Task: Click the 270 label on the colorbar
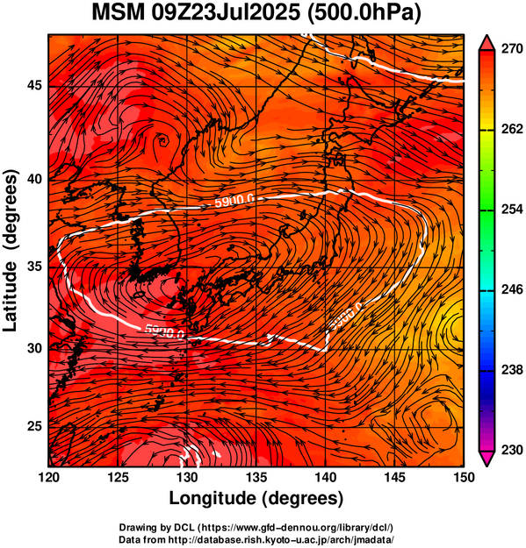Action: click(x=512, y=49)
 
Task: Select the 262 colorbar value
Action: click(x=512, y=129)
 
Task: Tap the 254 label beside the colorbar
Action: click(x=512, y=210)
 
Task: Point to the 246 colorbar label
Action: click(x=512, y=289)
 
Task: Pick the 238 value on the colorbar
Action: click(x=512, y=369)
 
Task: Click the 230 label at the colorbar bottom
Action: click(x=512, y=450)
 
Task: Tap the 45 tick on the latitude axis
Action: click(x=35, y=85)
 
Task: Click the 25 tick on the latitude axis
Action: click(x=35, y=427)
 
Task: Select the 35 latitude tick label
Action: click(x=35, y=267)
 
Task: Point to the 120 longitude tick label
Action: click(x=49, y=477)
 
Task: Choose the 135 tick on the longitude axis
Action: click(x=257, y=477)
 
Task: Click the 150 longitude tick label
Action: click(x=464, y=477)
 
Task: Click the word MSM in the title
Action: click(x=119, y=13)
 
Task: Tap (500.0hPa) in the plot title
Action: click(x=364, y=14)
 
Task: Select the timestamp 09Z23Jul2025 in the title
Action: click(x=226, y=13)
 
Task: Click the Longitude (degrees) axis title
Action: click(x=256, y=498)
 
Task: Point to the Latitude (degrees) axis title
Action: click(x=11, y=250)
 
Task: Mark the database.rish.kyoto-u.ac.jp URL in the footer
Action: click(x=281, y=539)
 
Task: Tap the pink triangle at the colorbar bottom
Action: click(x=486, y=457)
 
